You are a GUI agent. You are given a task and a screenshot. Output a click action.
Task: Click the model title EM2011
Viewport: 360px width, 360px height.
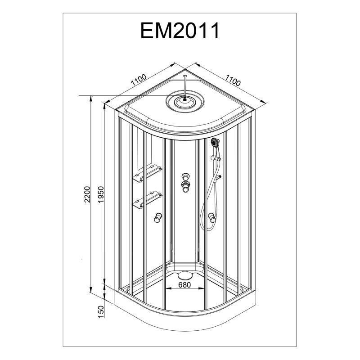180,31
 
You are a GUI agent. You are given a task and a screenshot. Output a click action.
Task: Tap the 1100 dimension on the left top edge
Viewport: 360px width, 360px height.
139,80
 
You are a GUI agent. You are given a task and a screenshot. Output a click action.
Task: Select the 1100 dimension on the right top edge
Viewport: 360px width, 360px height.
233,80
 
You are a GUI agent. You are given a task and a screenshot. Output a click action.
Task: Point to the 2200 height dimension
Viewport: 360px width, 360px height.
87,194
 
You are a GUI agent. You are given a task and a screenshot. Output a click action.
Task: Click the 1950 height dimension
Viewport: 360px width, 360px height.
101,194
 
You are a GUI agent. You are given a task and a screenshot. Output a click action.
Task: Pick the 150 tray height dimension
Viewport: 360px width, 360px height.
101,311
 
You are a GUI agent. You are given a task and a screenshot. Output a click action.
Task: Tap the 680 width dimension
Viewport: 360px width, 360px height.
184,285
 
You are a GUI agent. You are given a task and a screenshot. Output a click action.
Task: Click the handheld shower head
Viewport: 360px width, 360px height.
215,143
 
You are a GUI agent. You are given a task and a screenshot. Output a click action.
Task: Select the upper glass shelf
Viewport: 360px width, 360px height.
147,173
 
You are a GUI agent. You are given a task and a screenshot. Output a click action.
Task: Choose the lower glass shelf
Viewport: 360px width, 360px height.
147,199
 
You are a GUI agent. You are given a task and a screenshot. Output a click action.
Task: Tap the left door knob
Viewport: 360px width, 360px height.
158,217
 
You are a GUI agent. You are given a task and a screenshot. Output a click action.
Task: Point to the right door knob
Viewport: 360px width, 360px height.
212,218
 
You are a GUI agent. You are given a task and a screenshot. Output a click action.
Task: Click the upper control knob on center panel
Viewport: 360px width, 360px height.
185,176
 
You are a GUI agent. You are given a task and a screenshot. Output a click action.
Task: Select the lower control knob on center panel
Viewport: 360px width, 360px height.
185,186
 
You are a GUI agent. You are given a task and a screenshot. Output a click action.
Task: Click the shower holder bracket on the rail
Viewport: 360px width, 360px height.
216,158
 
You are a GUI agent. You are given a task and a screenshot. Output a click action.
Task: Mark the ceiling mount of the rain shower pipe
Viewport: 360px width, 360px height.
185,76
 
